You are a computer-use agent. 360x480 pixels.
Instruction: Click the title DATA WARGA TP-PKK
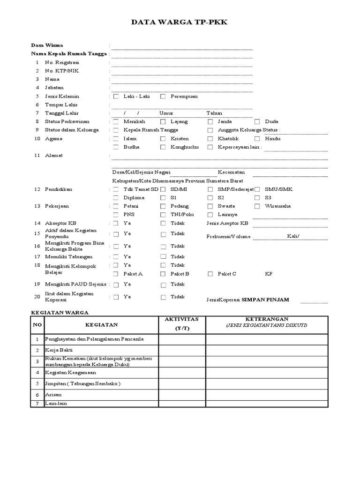[x=180, y=22]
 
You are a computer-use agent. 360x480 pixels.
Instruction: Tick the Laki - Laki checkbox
[x=116, y=97]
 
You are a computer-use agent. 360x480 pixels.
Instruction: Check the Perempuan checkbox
[x=163, y=97]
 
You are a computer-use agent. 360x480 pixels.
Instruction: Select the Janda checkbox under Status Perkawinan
[x=210, y=122]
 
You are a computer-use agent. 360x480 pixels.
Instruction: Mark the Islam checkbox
[x=116, y=139]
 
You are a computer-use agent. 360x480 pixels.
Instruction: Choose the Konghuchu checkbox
[x=163, y=147]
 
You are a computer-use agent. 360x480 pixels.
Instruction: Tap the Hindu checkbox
[x=257, y=139]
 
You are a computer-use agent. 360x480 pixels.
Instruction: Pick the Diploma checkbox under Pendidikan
[x=116, y=198]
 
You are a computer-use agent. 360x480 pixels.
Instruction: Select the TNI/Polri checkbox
[x=163, y=215]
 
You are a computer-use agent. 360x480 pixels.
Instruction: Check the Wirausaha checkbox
[x=257, y=206]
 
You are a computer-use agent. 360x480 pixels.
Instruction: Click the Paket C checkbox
[x=210, y=274]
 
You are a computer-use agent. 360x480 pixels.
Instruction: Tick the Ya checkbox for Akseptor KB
[x=116, y=224]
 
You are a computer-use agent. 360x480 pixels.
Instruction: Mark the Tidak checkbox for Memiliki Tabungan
[x=163, y=257]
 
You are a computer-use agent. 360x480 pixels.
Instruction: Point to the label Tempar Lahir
[x=61, y=105]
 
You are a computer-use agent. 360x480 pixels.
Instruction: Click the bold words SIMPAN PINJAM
[x=265, y=300]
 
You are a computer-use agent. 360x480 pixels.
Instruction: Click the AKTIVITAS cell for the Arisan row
[x=181, y=395]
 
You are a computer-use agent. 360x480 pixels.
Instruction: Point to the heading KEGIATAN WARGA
[x=59, y=312]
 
